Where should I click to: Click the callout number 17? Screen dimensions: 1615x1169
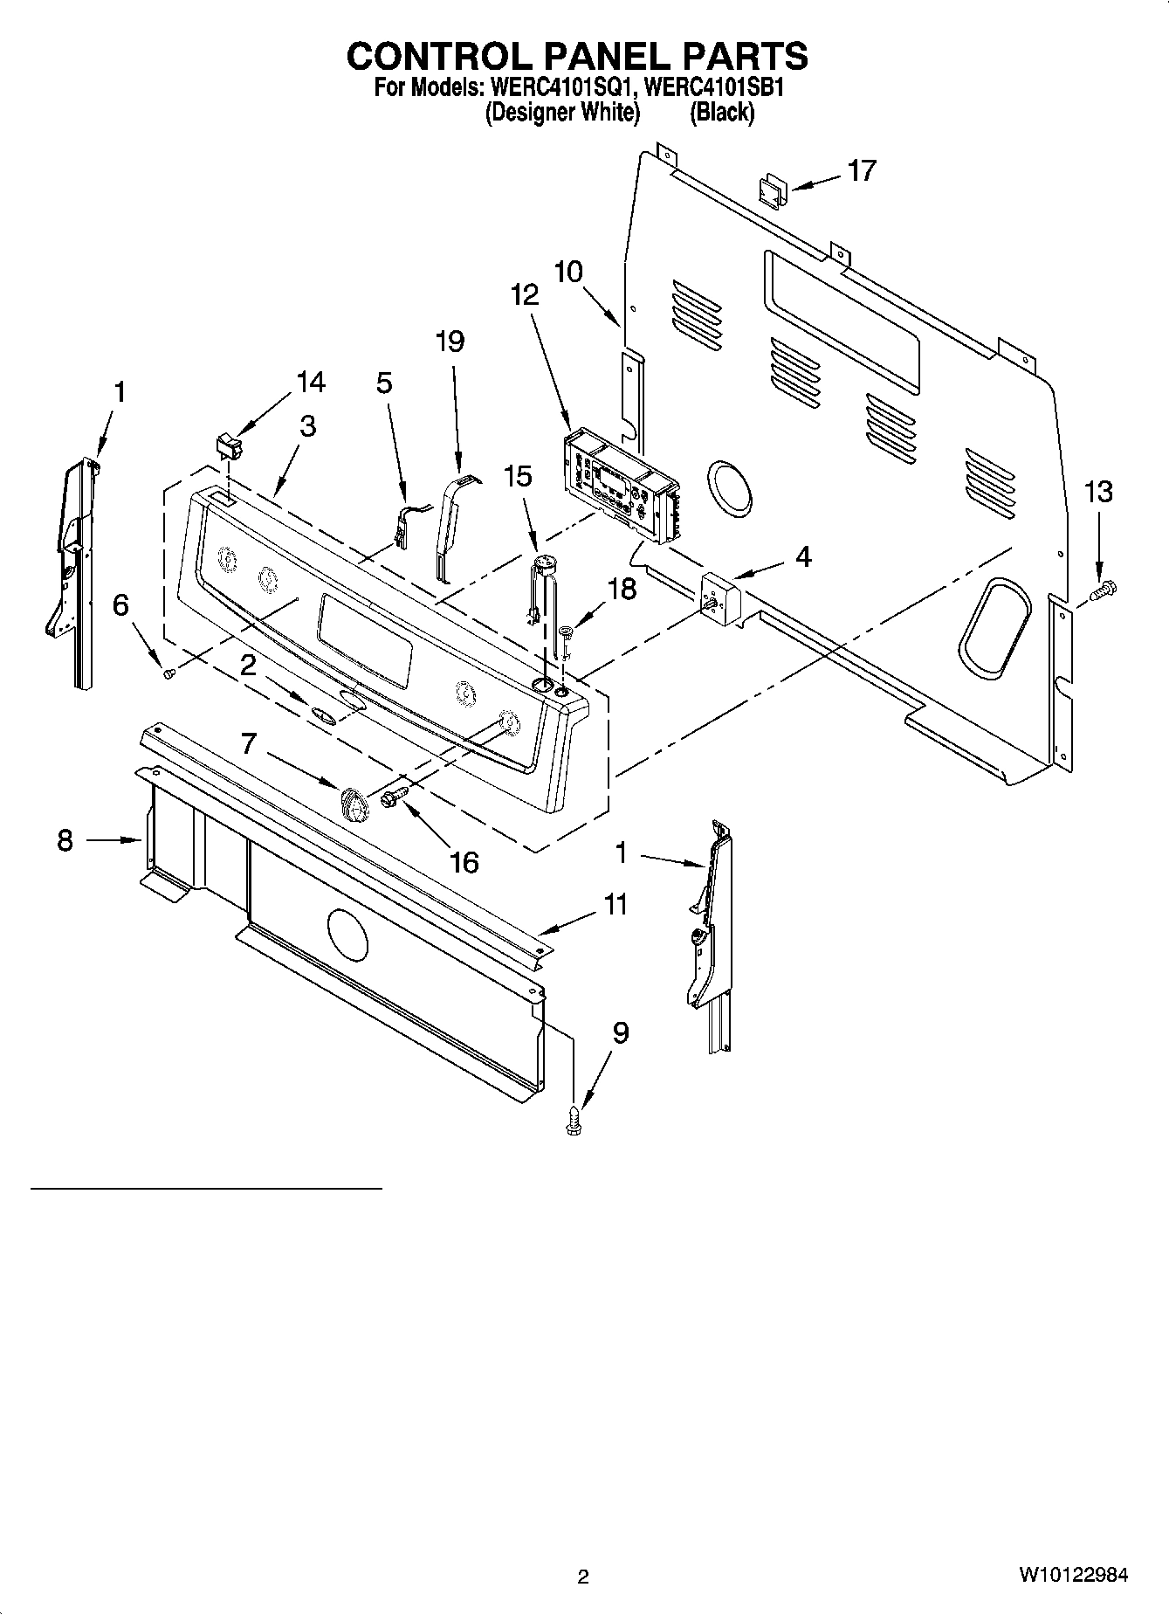click(861, 170)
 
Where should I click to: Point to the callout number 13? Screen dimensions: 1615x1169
click(1098, 493)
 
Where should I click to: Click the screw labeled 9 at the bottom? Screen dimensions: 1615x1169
click(574, 1120)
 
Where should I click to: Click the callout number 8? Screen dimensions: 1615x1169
click(65, 841)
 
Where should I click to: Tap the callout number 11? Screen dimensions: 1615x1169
click(616, 904)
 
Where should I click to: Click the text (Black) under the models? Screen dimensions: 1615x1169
click(721, 112)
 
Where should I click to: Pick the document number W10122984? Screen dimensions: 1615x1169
click(1072, 1576)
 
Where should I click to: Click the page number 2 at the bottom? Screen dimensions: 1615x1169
click(583, 1577)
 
